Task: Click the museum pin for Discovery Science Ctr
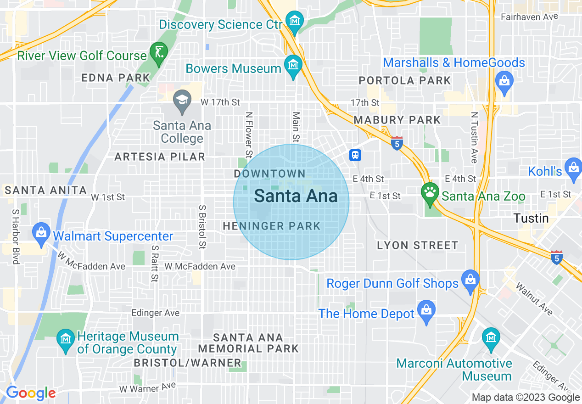click(x=294, y=21)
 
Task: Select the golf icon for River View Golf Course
click(x=158, y=52)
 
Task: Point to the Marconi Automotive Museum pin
click(x=491, y=337)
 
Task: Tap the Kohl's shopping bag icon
click(x=573, y=167)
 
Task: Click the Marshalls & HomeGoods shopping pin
click(x=504, y=82)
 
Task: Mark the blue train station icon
click(x=355, y=155)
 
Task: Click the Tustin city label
click(x=531, y=218)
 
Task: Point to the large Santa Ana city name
click(x=296, y=196)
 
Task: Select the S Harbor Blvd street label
click(x=16, y=236)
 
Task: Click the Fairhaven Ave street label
click(x=529, y=17)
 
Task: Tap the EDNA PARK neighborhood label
click(x=116, y=78)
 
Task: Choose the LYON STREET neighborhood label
click(x=417, y=245)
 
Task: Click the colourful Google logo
click(x=31, y=393)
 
